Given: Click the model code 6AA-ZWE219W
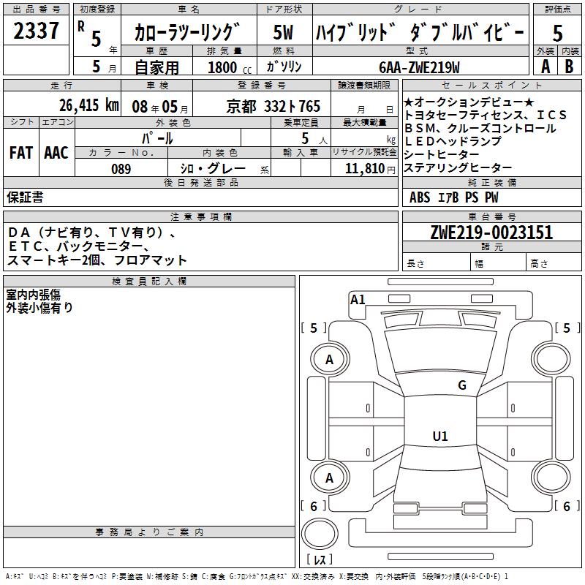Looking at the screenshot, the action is (419, 67).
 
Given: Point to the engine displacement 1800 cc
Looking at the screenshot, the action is (229, 67).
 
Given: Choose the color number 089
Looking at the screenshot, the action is (121, 169).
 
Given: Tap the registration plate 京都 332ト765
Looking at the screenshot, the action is (274, 106).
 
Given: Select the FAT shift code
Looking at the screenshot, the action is (20, 153).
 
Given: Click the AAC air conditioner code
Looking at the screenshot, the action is (56, 153).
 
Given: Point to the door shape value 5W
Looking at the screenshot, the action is (283, 32).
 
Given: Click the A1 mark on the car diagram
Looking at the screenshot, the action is (358, 299).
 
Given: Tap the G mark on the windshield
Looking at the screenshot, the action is (461, 385).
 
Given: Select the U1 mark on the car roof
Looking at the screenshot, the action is (440, 437).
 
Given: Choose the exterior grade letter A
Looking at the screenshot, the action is (545, 66).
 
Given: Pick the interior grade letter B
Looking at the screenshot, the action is (570, 66).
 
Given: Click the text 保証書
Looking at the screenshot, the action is (25, 197).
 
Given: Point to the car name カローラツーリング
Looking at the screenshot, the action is (187, 33).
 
